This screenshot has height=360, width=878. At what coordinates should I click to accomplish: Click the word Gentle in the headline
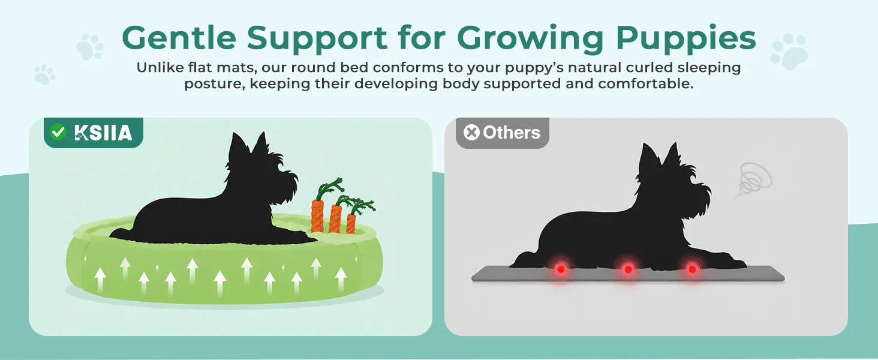coord(179,38)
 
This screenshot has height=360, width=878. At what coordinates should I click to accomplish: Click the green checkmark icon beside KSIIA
coord(58,132)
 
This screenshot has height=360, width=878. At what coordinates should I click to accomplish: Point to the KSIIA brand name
coord(103,133)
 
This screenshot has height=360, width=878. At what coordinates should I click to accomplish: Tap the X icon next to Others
coord(471,133)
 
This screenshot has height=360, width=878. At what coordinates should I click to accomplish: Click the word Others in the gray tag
coord(512,133)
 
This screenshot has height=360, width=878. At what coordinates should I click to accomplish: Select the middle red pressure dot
coord(628,269)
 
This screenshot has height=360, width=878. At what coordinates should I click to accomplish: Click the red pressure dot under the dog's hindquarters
coord(561,269)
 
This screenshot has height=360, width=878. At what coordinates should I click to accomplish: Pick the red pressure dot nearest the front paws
coord(692,269)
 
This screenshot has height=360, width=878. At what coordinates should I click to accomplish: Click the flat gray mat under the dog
coord(627,274)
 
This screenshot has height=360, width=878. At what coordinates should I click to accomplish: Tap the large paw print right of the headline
coord(789,51)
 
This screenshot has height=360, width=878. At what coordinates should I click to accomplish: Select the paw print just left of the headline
coord(90,46)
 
